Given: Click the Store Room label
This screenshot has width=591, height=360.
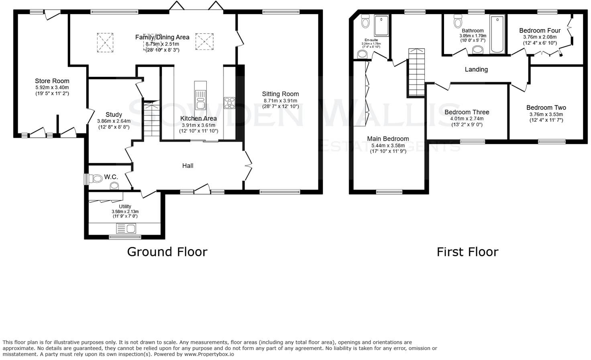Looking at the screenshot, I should (x=52, y=81).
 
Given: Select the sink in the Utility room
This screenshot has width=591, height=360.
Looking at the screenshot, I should (x=126, y=229).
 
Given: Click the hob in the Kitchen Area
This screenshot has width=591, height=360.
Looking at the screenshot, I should (x=229, y=103).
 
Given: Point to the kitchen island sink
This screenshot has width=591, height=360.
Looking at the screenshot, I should (x=200, y=100).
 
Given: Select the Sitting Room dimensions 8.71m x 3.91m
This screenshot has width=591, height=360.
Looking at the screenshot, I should (x=280, y=101).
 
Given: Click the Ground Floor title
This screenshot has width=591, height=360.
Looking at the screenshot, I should (x=167, y=252).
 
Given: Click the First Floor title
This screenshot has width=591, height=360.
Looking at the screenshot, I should (x=467, y=252).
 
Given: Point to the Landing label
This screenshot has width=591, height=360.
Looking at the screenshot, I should (x=476, y=70).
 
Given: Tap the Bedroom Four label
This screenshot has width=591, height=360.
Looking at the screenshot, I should (x=540, y=31).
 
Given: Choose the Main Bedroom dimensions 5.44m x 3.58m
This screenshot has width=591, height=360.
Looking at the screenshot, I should (x=388, y=145).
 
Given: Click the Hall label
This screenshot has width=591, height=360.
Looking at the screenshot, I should (x=187, y=166).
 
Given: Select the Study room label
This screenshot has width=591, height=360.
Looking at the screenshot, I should (x=114, y=115).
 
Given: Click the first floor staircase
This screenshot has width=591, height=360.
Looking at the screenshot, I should (x=416, y=72).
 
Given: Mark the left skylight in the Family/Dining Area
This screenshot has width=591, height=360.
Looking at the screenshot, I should (x=105, y=42).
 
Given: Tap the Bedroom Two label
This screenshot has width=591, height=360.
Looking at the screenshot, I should (x=546, y=108).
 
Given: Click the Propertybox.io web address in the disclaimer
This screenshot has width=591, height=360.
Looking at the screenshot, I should (x=209, y=354).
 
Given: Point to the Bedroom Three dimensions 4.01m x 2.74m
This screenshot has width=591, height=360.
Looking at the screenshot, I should (x=467, y=119).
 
